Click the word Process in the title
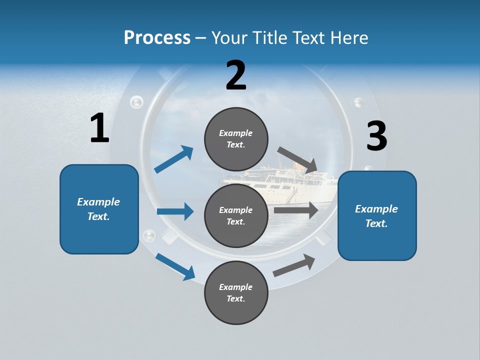pos(157,38)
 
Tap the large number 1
pos(99,128)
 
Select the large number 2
pos(236,75)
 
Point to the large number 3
pos(376,136)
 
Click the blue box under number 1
pos(99,209)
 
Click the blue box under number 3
pos(377,215)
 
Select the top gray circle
pos(236,139)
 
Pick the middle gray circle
pos(236,215)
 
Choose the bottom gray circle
pos(236,292)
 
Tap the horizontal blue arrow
pos(175,211)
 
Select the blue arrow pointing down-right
pos(175,266)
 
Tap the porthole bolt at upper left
pos(136,103)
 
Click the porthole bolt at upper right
pos(358,103)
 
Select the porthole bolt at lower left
pos(149,235)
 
